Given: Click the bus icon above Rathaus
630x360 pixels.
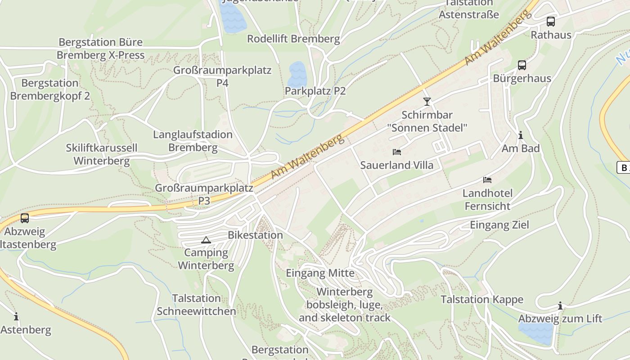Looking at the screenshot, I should pos(550,21).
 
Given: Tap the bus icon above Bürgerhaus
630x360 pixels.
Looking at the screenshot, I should pos(522,65).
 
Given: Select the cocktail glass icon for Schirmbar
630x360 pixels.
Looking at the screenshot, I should pos(427,101).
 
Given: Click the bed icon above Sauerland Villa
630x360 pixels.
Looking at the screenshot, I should pos(397,152).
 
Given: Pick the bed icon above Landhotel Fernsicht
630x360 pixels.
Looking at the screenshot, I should pos(487,180).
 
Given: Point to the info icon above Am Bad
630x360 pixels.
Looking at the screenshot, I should pos(521,135).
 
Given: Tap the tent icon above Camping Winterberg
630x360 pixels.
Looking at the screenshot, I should pos(206,240).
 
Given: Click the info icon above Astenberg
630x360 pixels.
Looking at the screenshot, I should pos(16,317).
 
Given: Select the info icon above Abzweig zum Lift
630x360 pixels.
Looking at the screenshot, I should pos(560,306).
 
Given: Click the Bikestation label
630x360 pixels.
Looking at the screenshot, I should pos(255,235).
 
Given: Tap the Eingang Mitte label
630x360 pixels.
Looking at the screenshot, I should pos(320,273).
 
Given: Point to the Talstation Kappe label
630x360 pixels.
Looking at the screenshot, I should pos(482,299).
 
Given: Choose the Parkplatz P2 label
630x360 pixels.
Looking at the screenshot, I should pos(315,91).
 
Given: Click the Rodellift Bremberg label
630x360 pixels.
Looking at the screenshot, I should pos(293,39).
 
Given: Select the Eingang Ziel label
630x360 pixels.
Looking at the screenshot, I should pos(499,225).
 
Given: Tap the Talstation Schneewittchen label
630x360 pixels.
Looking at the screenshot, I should pos(196,305).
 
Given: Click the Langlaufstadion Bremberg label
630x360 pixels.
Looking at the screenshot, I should pos(193,141).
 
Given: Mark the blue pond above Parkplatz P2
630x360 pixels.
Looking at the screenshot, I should pos(297,74).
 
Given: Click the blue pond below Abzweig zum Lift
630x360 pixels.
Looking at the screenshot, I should pos(536,333).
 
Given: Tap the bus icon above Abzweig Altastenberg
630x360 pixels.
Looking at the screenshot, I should pos(25,218).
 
